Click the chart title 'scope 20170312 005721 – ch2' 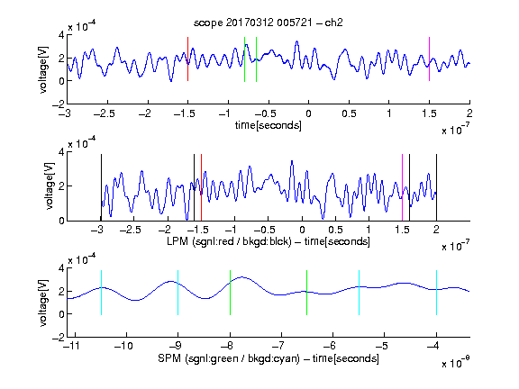click(269, 23)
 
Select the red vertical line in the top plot click(187, 59)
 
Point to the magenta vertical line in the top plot click(429, 59)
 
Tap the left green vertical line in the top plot click(244, 59)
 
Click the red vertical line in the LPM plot click(201, 187)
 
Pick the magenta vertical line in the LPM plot click(402, 187)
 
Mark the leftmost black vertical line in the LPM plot click(101, 187)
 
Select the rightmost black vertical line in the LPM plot click(436, 187)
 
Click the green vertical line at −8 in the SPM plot click(230, 293)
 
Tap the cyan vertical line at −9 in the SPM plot click(178, 293)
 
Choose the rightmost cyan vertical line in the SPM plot click(436, 293)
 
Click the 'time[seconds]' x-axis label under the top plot click(269, 125)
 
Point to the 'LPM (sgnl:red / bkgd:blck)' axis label click(229, 241)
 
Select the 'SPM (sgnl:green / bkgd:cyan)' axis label click(229, 358)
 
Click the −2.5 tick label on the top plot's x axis click(105, 113)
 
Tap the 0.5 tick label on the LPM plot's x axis click(335, 230)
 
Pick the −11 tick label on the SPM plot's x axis click(71, 346)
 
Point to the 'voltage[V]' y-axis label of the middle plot click(50, 185)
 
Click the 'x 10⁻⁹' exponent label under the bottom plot click(455, 363)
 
